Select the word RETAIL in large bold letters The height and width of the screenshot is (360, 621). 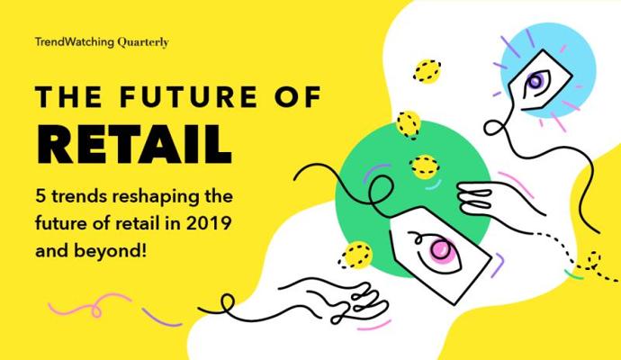click(x=134, y=145)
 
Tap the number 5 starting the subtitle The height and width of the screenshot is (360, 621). click(x=40, y=196)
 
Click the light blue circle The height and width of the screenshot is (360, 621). click(x=549, y=70)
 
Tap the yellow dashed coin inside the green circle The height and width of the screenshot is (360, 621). click(x=424, y=166)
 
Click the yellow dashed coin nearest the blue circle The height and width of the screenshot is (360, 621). click(x=427, y=71)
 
